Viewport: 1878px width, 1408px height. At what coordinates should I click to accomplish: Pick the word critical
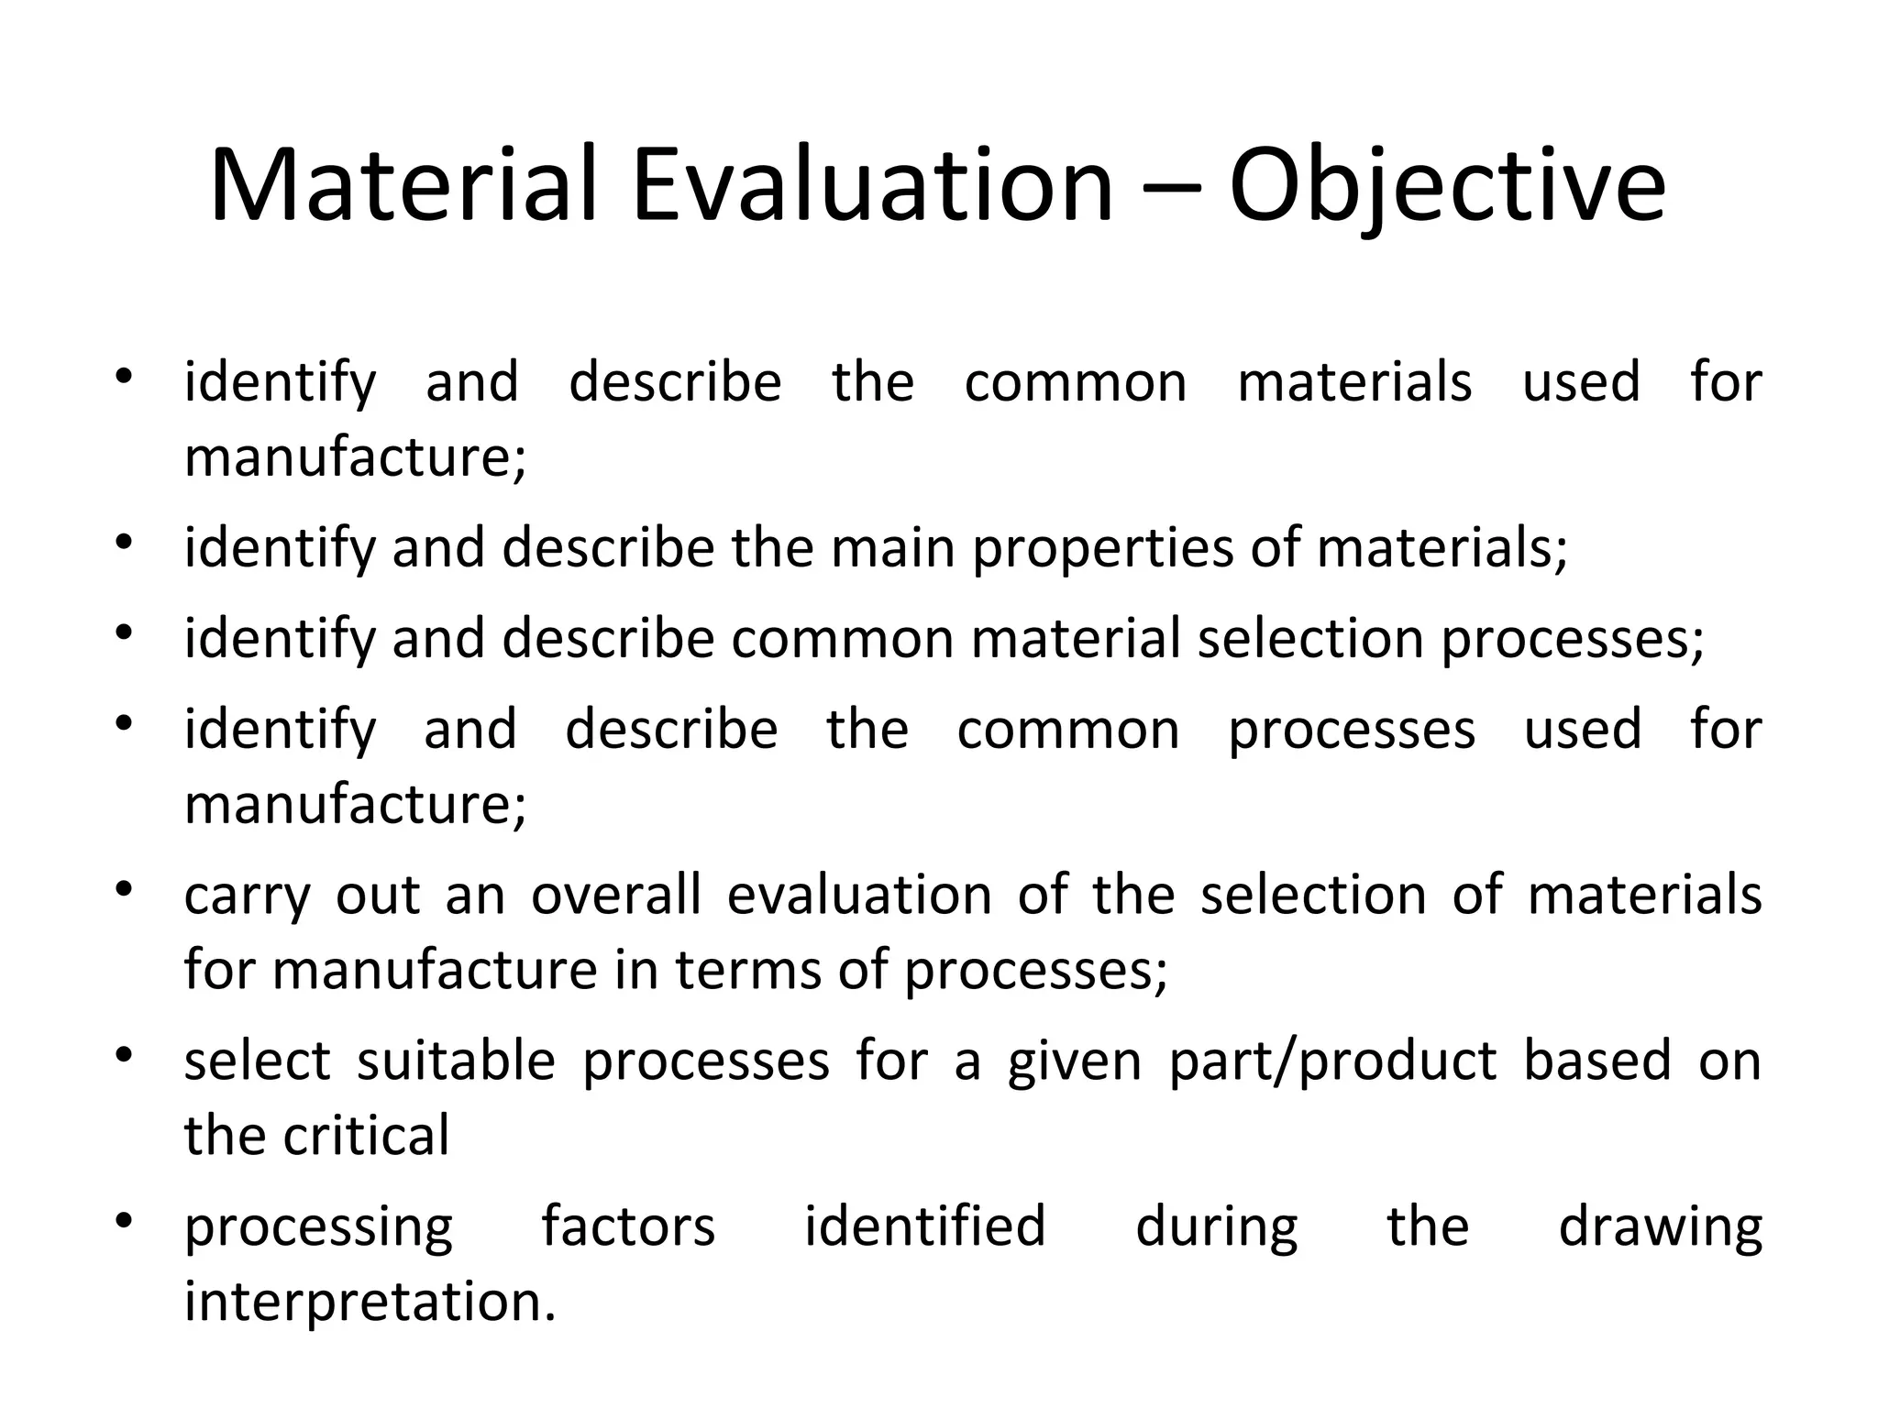(366, 1136)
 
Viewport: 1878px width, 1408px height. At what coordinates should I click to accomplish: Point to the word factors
(628, 1226)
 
